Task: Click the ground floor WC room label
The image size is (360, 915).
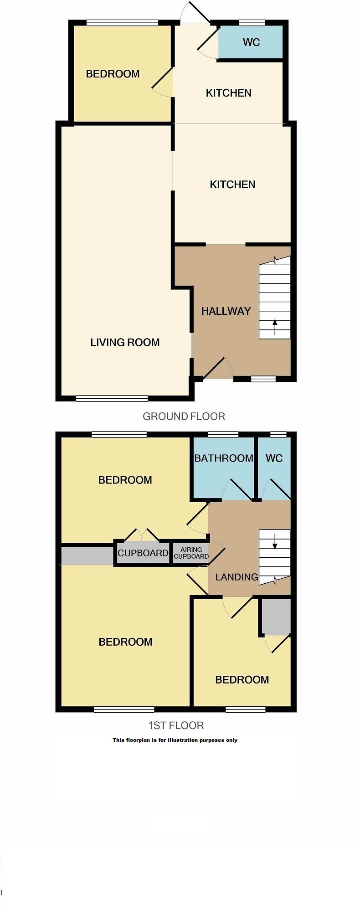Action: pos(251,42)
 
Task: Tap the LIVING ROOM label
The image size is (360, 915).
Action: pos(125,343)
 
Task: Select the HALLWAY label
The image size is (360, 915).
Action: pos(226,311)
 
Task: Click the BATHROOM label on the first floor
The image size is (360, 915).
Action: pos(224,458)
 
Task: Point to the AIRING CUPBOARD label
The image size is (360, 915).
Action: pos(191,553)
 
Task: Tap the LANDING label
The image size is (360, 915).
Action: pos(237,577)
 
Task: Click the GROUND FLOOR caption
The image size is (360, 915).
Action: pos(184,416)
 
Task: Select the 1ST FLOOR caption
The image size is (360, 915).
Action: pos(176,725)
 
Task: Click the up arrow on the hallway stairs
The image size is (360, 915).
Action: pos(275,327)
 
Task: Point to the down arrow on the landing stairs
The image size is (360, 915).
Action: pos(275,541)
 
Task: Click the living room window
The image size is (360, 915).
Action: pos(112,399)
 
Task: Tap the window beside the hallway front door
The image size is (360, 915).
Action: pos(263,379)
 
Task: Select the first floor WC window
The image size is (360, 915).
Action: pos(278,434)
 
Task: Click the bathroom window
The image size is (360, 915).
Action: pos(223,434)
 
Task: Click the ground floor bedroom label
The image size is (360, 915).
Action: pos(113,74)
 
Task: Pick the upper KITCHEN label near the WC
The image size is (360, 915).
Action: pos(229,93)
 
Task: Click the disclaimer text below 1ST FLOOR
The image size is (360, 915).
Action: pos(175,740)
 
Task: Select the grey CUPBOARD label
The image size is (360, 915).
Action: pos(143,553)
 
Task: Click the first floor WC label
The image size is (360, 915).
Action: pos(274,458)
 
